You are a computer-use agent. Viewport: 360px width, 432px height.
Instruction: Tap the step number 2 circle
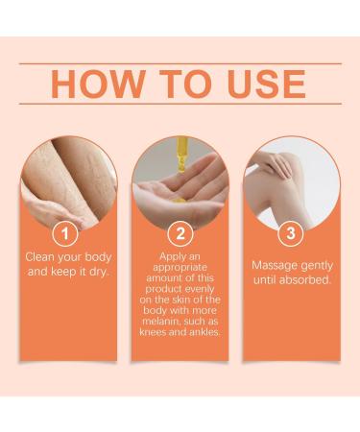pyautogui.click(x=179, y=233)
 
